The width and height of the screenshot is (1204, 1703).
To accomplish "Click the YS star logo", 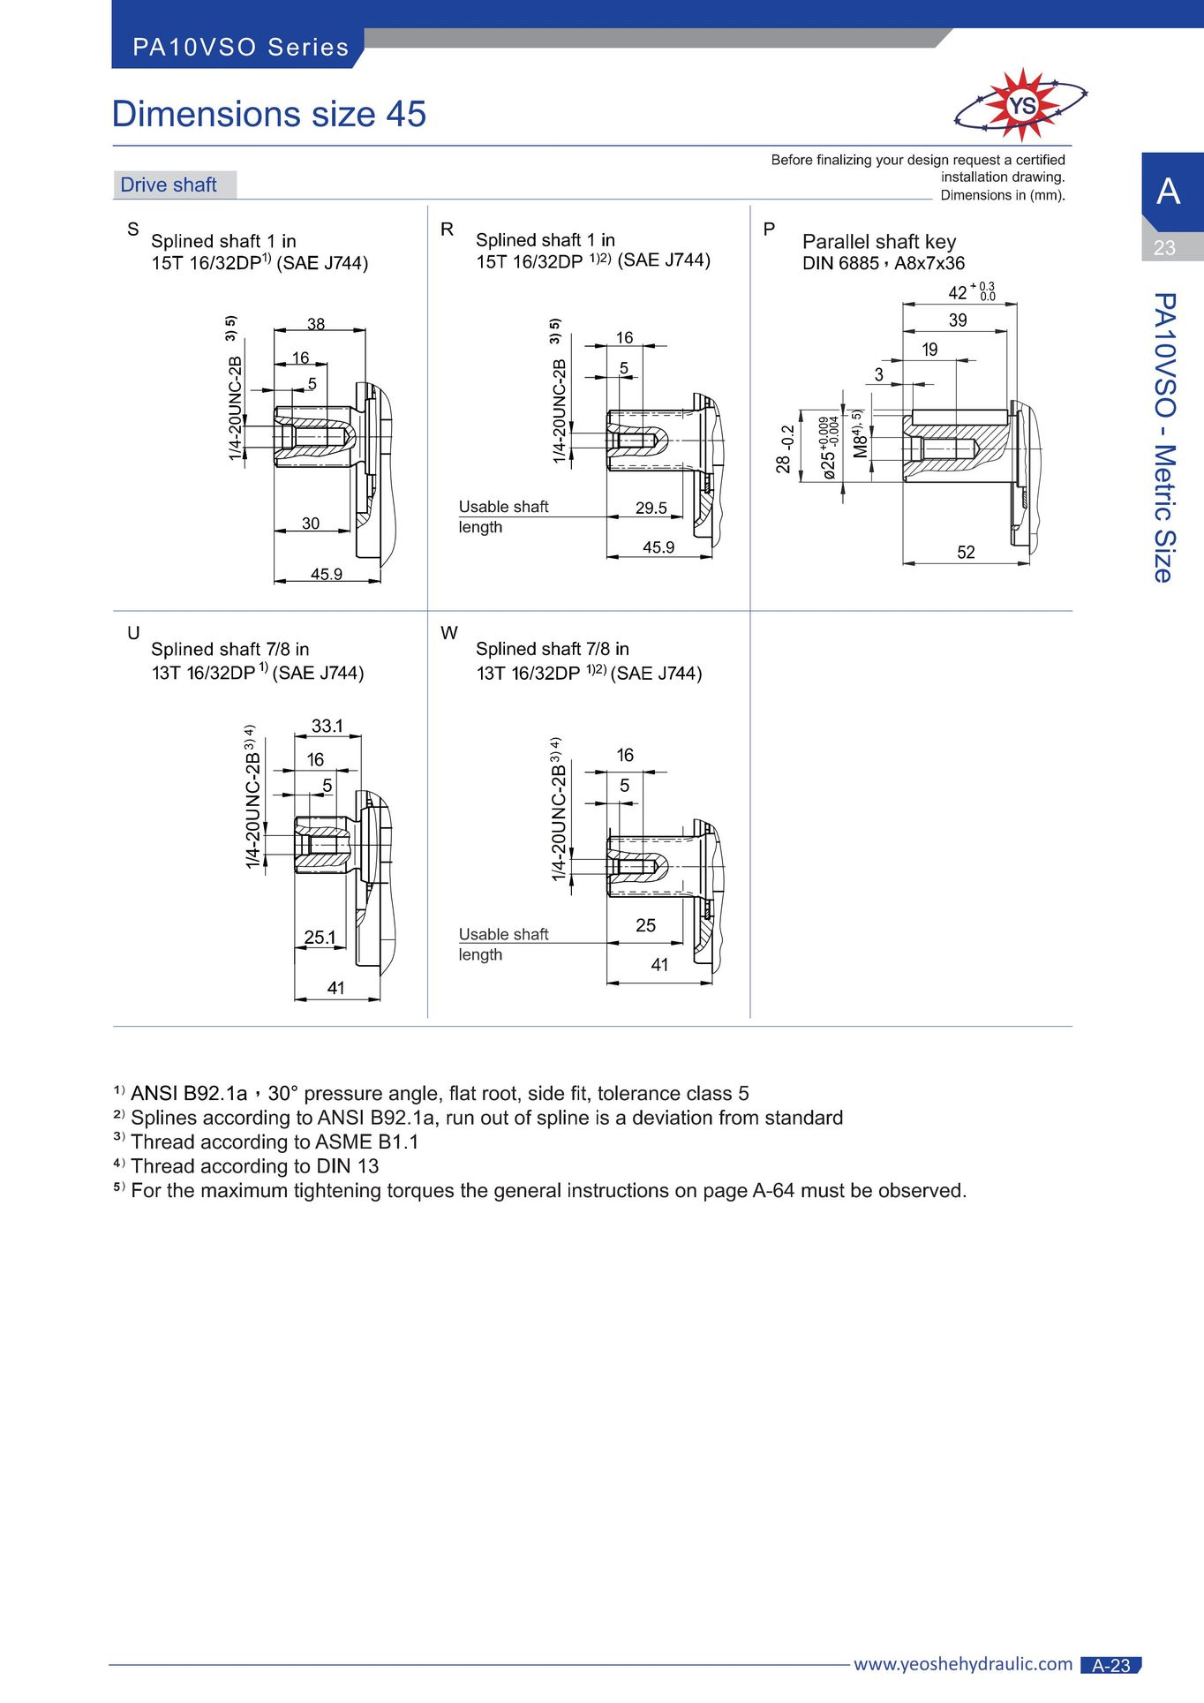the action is coord(1021,105).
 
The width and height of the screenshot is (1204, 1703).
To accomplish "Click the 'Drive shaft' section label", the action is coord(169,185).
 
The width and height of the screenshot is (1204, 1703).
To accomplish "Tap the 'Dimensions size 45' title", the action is coord(269,114).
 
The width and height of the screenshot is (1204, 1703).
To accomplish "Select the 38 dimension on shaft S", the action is coord(316,324).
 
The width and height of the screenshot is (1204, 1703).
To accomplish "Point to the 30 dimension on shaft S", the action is coord(311,524).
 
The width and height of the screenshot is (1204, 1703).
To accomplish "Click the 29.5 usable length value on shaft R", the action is coord(651,508).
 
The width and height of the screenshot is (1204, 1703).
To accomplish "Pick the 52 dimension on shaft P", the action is coord(967,553).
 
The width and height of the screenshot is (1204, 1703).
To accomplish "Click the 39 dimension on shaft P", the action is coord(958,320).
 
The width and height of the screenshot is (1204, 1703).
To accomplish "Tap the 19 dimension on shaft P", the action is coord(929,350).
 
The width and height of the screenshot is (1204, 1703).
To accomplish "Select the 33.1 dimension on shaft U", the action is coord(327,726).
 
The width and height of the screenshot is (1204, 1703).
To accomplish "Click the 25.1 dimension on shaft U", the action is coord(320,938).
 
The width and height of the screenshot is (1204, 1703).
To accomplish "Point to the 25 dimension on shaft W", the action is coord(646,925).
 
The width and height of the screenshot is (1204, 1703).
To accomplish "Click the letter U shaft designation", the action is coord(133,633).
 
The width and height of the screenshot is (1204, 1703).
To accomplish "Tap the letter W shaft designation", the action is coord(449,633).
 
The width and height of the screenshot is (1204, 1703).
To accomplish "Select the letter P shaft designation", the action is coord(769,230).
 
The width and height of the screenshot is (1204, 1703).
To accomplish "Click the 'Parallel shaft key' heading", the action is coord(879,242).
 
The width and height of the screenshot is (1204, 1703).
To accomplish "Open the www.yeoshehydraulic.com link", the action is coord(963,1664).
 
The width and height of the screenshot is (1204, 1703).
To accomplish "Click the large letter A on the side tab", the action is coord(1168,192).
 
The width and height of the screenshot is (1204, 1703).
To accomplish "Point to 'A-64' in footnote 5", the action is coord(773,1191).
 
